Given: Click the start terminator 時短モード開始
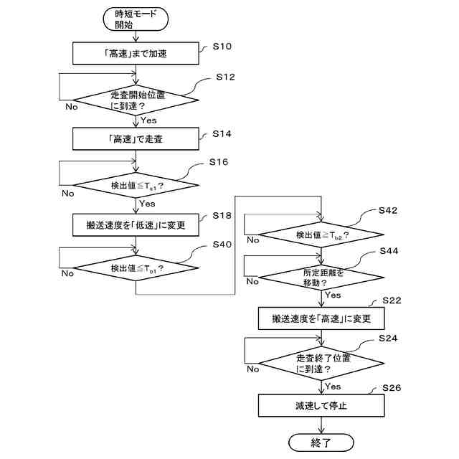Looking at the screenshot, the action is [136, 19].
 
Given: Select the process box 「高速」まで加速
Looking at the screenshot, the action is [136, 53].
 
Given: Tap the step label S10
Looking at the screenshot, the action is [222, 46].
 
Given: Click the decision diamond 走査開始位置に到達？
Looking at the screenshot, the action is [136, 100].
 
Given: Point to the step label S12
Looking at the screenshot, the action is [225, 77].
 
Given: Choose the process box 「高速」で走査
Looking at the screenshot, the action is [136, 138].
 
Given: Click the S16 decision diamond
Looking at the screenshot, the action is [136, 185].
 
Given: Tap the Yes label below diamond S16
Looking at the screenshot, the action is [147, 204].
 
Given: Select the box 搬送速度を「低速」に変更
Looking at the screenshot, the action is [136, 224].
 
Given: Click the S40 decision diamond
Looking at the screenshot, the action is [136, 268].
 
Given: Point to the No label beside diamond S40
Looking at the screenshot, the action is [67, 273].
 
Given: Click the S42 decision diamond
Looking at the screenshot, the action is [321, 235].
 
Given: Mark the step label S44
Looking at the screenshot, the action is [389, 251].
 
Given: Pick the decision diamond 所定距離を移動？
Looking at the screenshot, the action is [321, 278].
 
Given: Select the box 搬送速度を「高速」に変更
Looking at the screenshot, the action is [321, 318].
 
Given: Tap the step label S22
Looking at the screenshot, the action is [392, 301].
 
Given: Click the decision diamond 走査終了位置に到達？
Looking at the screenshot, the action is [321, 364].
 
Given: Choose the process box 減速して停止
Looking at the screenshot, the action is [321, 405].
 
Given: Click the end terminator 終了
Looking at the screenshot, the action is [321, 443].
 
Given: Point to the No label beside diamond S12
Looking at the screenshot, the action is [72, 107].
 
